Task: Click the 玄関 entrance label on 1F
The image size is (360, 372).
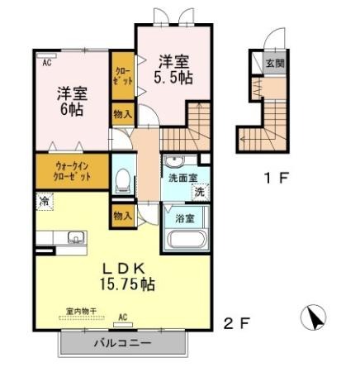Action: point(275,64)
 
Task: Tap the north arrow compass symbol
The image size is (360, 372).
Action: point(314,317)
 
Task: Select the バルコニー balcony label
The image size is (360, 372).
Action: point(123,343)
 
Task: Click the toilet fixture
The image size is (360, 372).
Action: point(123,180)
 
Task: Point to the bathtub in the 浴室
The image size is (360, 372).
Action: point(187,240)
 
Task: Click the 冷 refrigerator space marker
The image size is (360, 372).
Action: point(44,202)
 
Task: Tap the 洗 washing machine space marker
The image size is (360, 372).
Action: point(200,192)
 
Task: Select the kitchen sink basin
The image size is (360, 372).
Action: point(76,237)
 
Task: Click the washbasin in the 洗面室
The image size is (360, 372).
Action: point(173,161)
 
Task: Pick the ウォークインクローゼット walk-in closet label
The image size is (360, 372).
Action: point(72,171)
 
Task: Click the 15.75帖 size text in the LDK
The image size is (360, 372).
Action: point(127,284)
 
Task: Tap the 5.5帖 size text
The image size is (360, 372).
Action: point(173,78)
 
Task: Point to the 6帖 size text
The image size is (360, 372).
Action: point(72,109)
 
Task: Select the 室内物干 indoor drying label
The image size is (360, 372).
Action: point(82,312)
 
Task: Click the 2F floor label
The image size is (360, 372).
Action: point(236,323)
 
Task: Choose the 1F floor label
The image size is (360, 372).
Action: point(276,178)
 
